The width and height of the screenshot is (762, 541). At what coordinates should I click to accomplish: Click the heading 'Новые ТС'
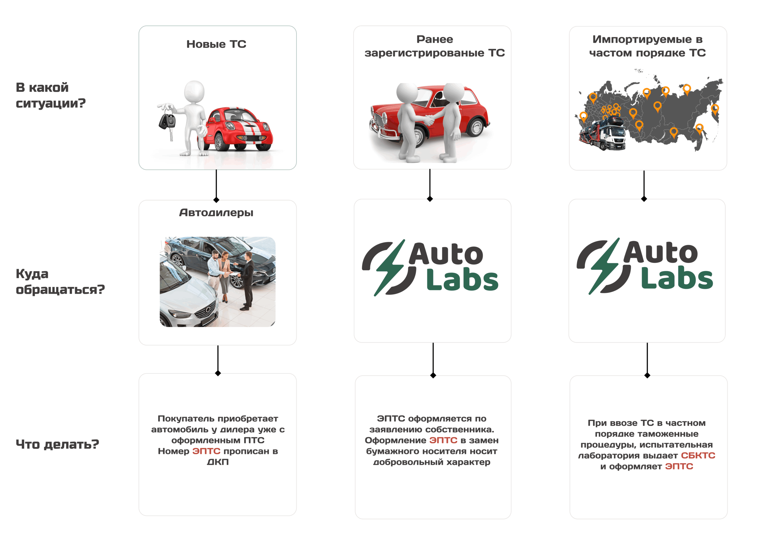coord(216,44)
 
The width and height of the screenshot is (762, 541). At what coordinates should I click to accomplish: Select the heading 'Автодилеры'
coord(216,213)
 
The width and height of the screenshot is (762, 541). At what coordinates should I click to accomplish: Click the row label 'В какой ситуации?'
coord(51,95)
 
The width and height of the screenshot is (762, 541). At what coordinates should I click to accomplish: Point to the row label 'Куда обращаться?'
coord(60,281)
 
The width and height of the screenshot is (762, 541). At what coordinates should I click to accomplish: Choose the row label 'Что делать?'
coord(57,444)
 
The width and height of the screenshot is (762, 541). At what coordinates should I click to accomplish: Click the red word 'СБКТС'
coord(698,455)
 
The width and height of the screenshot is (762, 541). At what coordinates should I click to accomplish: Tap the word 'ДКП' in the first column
coord(218,462)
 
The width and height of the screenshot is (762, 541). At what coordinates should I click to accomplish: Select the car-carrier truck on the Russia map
coord(602,134)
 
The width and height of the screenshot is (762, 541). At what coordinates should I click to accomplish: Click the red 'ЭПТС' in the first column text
coord(206,451)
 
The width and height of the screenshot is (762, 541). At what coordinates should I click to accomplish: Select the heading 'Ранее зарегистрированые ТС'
coord(435,46)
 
